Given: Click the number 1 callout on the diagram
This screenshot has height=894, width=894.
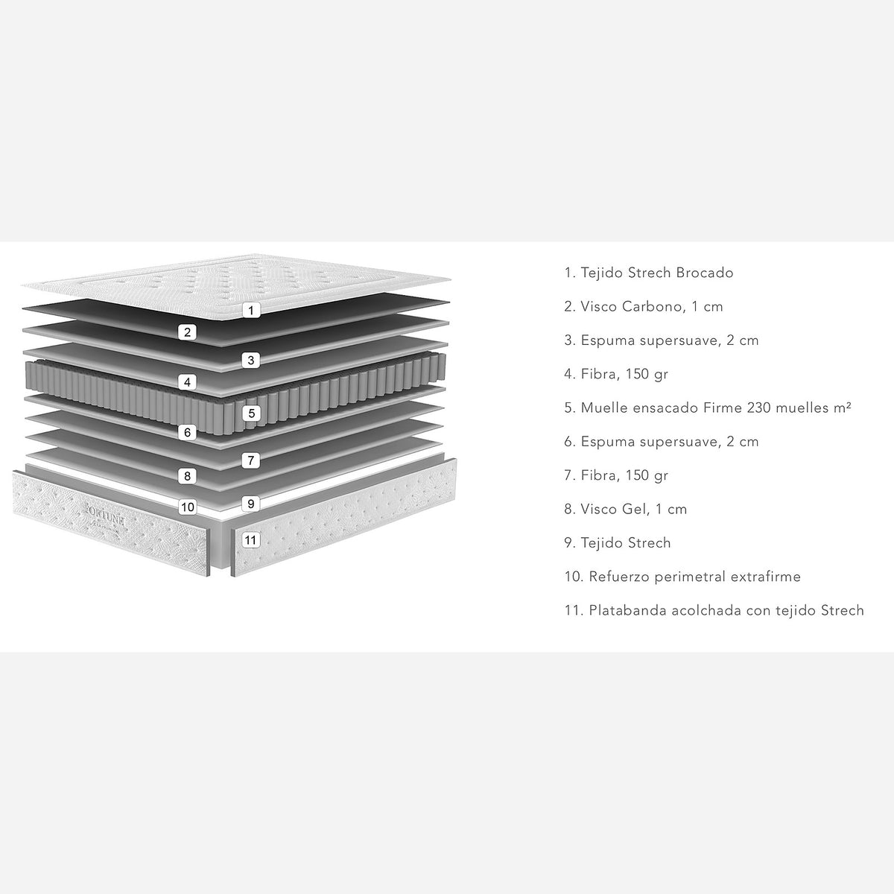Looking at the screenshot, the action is (x=251, y=310).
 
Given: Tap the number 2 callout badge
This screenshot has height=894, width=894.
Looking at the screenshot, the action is (x=188, y=332).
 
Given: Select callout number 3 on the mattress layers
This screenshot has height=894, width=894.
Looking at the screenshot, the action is (x=251, y=360).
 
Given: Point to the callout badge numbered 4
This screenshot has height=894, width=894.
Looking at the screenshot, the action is (x=188, y=382).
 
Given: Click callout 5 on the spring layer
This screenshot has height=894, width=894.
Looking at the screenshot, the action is (x=251, y=413).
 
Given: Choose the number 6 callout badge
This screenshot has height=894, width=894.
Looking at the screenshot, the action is (x=188, y=432).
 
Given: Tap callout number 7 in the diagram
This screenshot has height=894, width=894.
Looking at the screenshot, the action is (x=251, y=460).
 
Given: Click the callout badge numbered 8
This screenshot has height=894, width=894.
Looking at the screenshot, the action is (x=188, y=476).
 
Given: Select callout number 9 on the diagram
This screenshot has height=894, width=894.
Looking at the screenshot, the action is (x=251, y=504).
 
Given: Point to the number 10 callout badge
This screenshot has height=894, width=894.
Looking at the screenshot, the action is (x=188, y=507).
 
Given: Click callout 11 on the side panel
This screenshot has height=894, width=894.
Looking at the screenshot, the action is (x=250, y=540).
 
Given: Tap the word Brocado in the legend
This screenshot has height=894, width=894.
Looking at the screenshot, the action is (x=704, y=273).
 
